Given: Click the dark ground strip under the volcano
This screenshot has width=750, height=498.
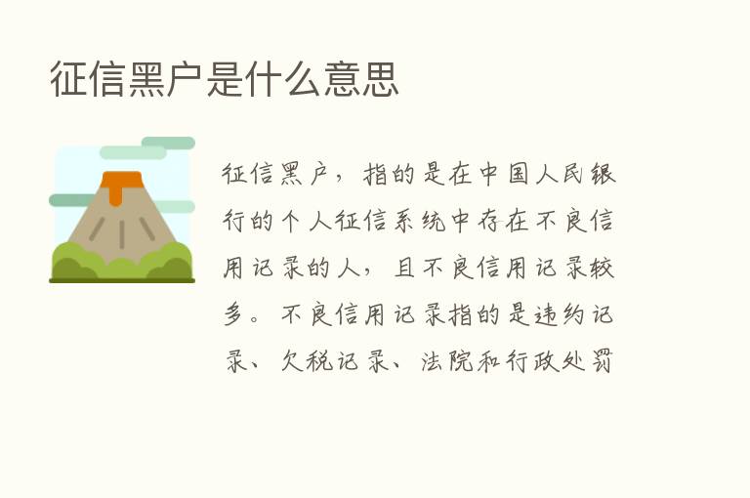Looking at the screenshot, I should coord(122,280).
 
